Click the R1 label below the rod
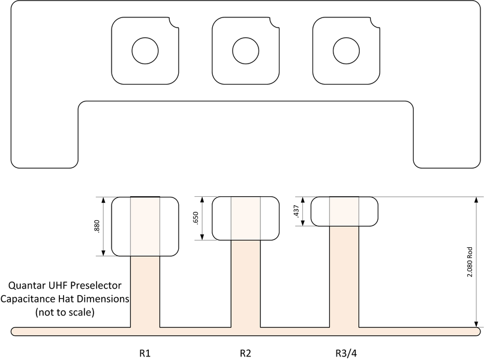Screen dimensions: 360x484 pyautogui.click(x=145, y=352)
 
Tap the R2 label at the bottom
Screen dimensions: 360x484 pyautogui.click(x=245, y=352)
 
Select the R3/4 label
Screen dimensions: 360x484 pyautogui.click(x=344, y=352)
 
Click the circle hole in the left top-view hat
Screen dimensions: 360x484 pyautogui.click(x=145, y=51)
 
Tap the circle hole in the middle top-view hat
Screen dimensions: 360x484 pyautogui.click(x=245, y=51)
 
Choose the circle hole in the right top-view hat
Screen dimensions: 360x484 pyautogui.click(x=345, y=51)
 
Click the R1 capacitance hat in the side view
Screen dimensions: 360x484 pyautogui.click(x=145, y=227)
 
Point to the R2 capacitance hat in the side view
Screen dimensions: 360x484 pyautogui.click(x=245, y=218)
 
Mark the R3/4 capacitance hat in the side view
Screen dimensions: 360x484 pyautogui.click(x=345, y=211)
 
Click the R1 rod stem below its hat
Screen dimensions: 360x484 pyautogui.click(x=145, y=291)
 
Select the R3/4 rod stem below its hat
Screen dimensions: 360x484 pyautogui.click(x=345, y=276)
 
